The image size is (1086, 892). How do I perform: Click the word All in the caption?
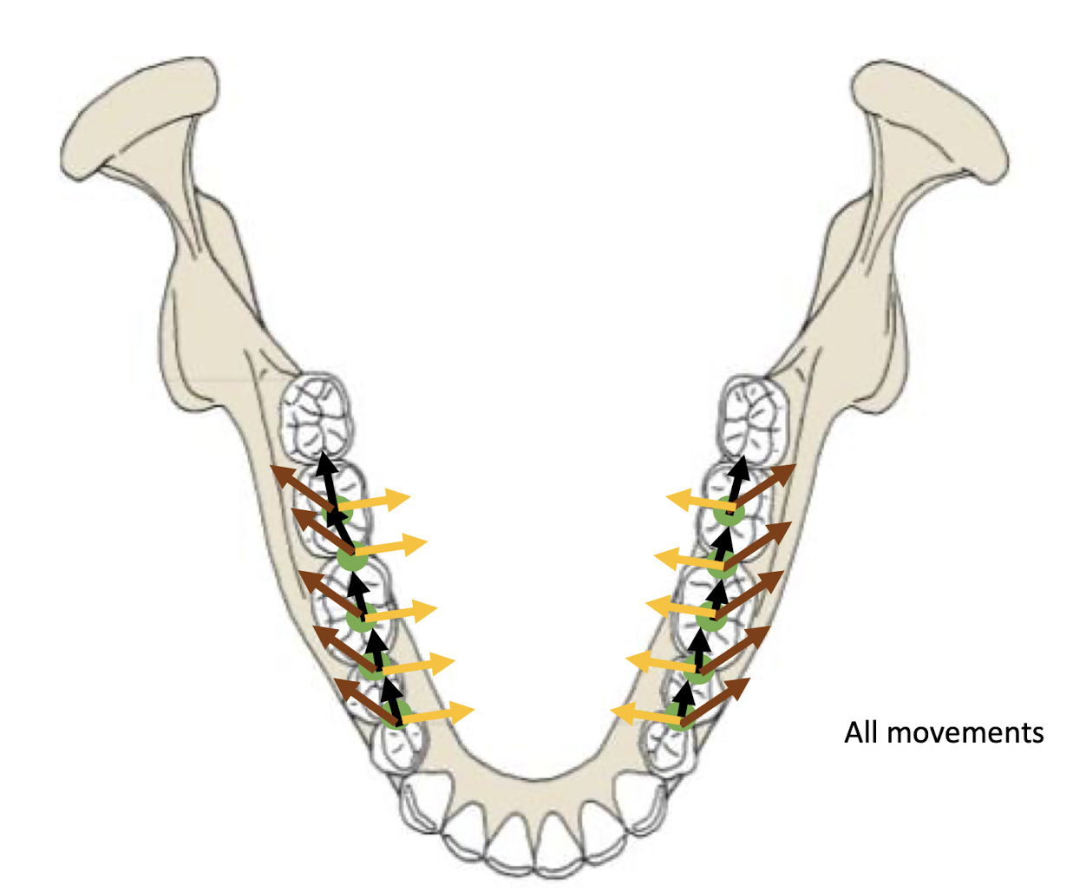coord(861,732)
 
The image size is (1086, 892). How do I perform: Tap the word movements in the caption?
coord(965,732)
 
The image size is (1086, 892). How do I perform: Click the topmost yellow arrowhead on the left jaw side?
coord(399,499)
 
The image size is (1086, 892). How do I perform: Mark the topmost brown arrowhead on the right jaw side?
coord(784,471)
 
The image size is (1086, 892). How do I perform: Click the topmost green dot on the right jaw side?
coord(729,514)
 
